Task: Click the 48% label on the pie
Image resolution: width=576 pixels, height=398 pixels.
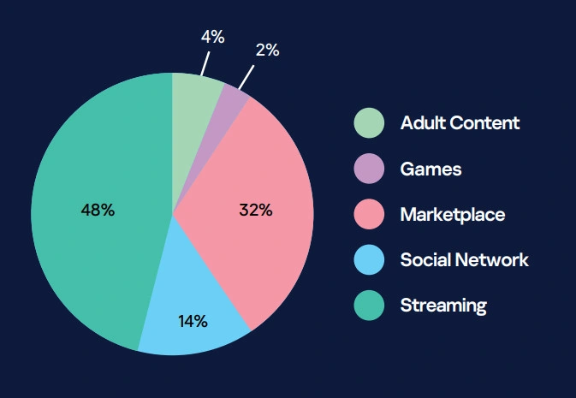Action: pos(98,210)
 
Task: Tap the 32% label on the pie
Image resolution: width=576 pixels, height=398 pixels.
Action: pos(255,210)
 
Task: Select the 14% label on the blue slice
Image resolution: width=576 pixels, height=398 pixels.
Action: pos(193,321)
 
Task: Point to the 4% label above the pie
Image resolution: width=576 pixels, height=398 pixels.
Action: pos(212,37)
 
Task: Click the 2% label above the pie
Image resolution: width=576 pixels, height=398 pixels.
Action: pos(267,50)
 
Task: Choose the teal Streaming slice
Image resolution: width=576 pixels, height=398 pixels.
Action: pos(94,257)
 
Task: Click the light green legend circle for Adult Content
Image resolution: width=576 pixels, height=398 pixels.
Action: pos(369,122)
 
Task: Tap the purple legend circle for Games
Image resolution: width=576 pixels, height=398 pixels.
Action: pos(369,169)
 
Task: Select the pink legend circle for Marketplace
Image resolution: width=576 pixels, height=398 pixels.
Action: pos(369,214)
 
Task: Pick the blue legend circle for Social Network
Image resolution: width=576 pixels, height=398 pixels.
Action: pos(369,259)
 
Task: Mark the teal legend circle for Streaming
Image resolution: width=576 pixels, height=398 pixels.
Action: pos(369,305)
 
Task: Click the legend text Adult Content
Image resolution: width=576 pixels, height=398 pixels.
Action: pos(460,122)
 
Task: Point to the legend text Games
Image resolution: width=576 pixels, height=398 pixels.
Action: pos(431,169)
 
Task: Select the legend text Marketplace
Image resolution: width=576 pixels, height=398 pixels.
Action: pos(452,214)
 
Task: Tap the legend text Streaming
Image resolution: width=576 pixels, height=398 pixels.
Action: pos(443,305)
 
